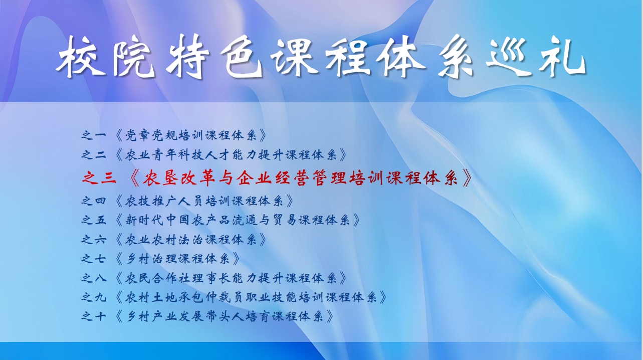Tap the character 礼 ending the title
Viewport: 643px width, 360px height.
pos(562,57)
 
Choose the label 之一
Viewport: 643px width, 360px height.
pos(94,135)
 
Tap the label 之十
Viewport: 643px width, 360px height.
pos(94,316)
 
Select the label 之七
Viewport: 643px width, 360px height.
pos(94,259)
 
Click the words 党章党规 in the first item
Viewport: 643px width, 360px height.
pos(150,135)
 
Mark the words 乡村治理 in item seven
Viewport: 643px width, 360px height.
pos(151,259)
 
